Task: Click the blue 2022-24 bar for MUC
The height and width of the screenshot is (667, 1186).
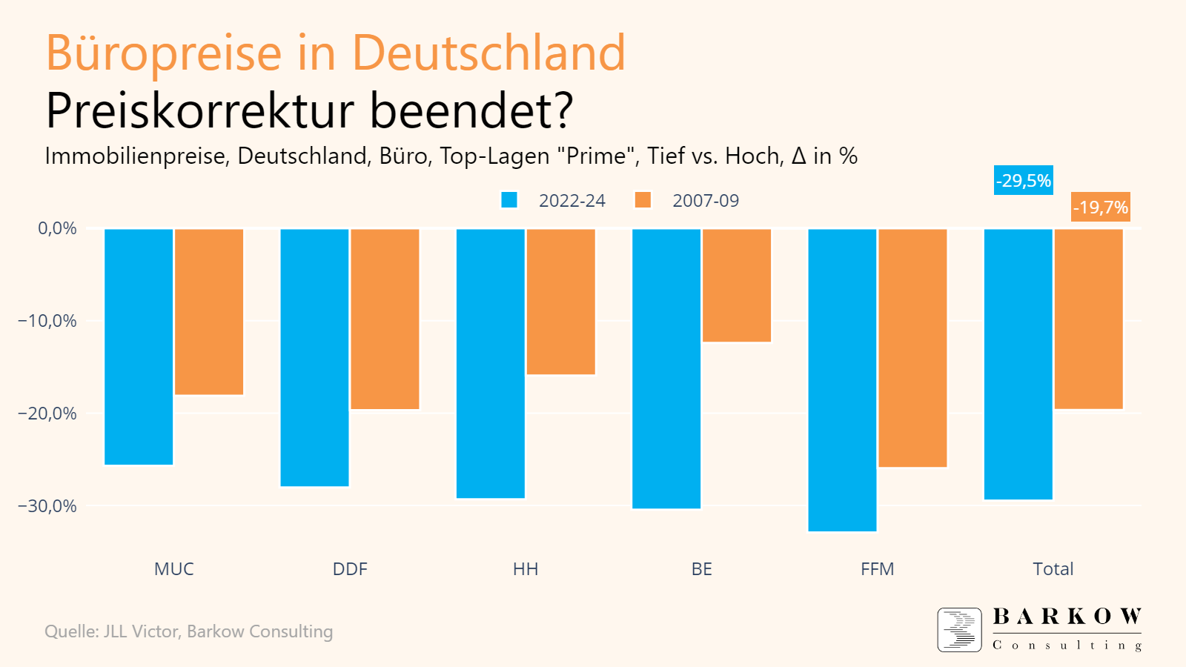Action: (139, 346)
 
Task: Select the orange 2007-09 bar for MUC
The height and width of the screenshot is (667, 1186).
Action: (209, 311)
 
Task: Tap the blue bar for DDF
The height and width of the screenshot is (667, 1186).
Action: (314, 357)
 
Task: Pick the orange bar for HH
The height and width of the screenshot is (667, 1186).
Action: (561, 301)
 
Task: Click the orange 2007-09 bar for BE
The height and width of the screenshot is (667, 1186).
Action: (737, 285)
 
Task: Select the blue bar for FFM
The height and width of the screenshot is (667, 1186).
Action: (842, 379)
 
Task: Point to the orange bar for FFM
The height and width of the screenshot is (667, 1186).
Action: (912, 348)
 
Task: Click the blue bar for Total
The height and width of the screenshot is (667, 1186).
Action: (1018, 364)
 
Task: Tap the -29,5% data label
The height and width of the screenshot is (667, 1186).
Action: (1024, 181)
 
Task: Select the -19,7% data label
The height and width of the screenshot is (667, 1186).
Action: (1101, 208)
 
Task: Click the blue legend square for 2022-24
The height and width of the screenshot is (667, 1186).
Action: (509, 200)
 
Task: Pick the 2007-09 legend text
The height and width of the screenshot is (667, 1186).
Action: (706, 201)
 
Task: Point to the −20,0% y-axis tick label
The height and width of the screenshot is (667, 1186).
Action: (47, 414)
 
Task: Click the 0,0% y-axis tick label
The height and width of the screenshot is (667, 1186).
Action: (57, 228)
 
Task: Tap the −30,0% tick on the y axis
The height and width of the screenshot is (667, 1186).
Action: (47, 506)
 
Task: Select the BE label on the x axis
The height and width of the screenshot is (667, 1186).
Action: (701, 569)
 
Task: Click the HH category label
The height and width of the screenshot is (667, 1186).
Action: (526, 569)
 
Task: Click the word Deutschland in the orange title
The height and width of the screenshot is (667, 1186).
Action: (488, 53)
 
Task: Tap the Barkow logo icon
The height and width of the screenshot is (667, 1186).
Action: (959, 630)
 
